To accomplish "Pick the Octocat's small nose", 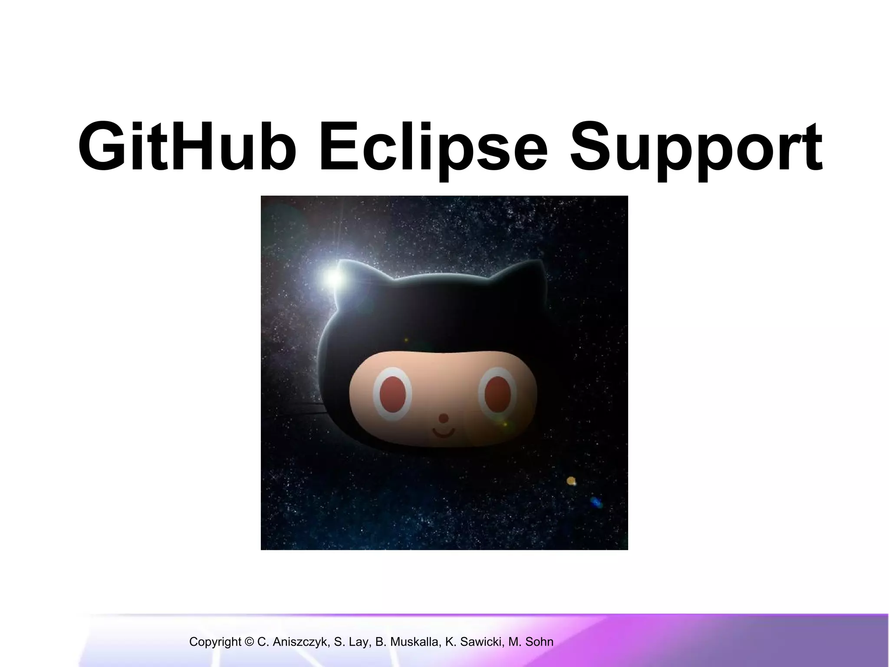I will point(443,418).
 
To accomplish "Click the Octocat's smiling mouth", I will point(443,433).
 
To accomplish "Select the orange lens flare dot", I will point(571,481).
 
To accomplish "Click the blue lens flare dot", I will point(596,503).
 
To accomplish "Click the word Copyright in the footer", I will point(215,642).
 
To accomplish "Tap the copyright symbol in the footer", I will point(249,642).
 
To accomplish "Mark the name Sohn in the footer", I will point(539,642).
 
